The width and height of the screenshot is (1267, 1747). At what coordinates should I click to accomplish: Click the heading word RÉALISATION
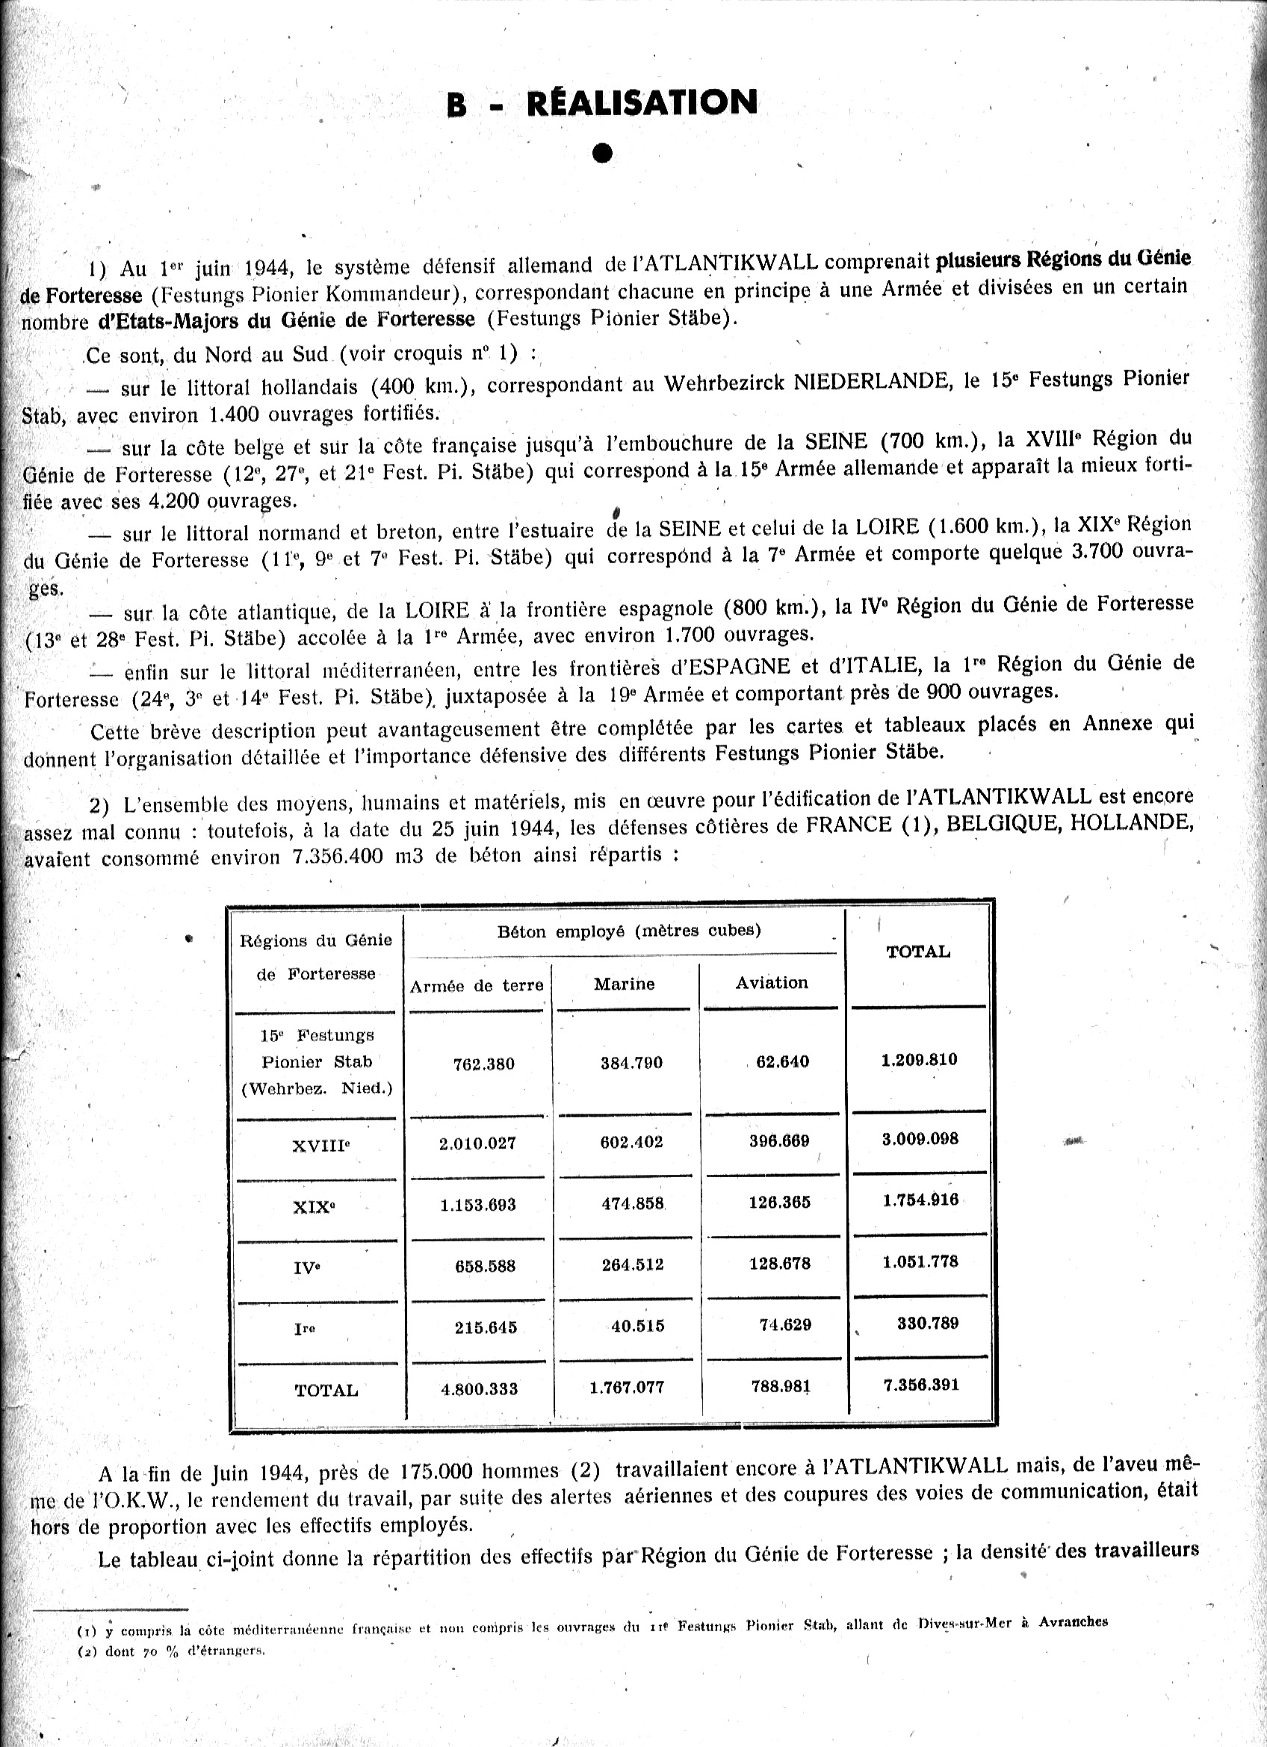(x=642, y=102)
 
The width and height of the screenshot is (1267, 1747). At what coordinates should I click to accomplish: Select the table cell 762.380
(x=483, y=1064)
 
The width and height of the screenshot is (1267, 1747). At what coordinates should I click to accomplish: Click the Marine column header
(x=624, y=984)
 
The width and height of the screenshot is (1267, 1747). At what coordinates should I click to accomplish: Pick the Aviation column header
(x=772, y=982)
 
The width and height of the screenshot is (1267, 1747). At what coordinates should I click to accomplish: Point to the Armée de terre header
(x=477, y=986)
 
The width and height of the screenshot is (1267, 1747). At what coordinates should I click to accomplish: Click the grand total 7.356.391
(x=921, y=1384)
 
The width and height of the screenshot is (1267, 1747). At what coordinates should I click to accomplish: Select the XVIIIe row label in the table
(x=321, y=1146)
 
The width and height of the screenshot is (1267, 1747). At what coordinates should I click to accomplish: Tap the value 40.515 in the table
(x=638, y=1326)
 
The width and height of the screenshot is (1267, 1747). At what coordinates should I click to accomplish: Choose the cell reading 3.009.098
(x=920, y=1138)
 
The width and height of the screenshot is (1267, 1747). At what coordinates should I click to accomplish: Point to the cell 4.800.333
(x=478, y=1388)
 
